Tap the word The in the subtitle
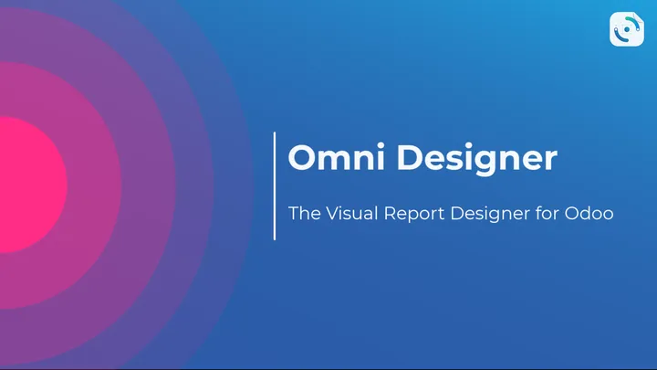[x=304, y=214]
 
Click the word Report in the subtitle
[x=413, y=214]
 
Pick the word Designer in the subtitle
[x=494, y=214]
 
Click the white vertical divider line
[x=275, y=185]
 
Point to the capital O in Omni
[x=303, y=158]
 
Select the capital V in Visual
[x=329, y=214]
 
